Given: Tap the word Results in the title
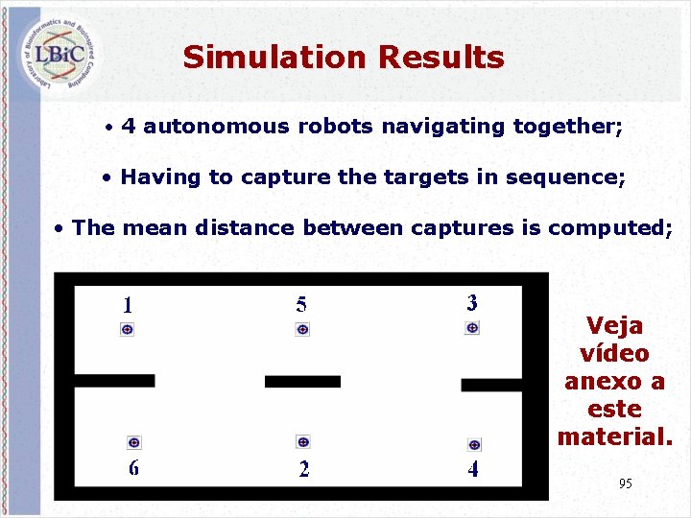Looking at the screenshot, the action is (441, 58).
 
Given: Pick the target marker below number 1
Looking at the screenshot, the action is (127, 329).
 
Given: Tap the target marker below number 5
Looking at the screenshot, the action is (302, 329).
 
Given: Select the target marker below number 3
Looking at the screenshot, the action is (472, 328).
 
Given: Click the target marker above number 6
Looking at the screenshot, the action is (133, 442).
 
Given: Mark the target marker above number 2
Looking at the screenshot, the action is (303, 442).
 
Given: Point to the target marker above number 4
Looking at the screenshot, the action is (473, 444).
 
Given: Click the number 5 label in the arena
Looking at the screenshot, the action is (301, 305).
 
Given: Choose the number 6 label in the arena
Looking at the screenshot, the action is (133, 468).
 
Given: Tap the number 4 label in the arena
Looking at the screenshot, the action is (473, 469).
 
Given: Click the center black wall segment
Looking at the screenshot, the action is (302, 382).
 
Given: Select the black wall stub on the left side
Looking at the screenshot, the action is (113, 381).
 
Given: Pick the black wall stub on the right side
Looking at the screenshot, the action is (490, 385).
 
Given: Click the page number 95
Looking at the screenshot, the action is (626, 483).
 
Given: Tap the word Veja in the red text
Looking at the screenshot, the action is (614, 326).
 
